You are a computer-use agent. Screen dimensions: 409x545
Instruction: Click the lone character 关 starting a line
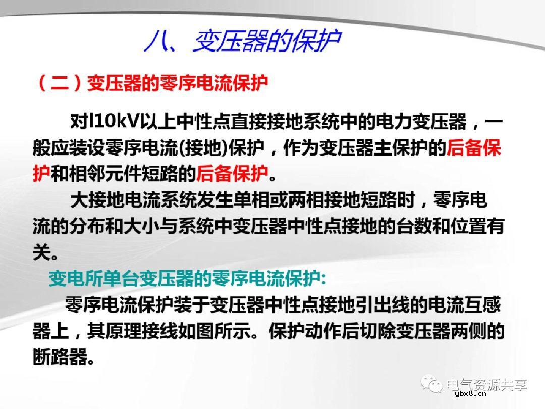pos(41,252)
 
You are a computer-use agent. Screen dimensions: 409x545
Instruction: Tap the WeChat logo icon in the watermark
pos(432,385)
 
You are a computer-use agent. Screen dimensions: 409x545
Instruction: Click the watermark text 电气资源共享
pos(487,384)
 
